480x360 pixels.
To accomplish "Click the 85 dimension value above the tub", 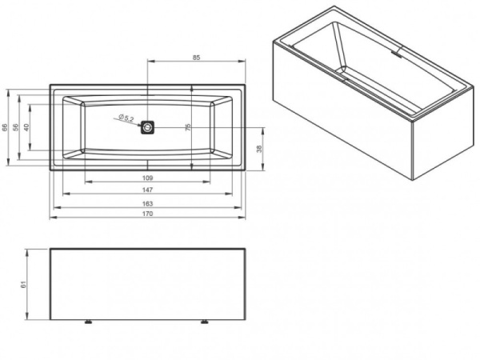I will pyautogui.click(x=196, y=58).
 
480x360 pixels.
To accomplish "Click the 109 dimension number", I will pyautogui.click(x=148, y=178).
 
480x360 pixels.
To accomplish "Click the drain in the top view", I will pyautogui.click(x=149, y=126).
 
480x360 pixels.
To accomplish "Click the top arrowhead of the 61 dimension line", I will pyautogui.click(x=28, y=250).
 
